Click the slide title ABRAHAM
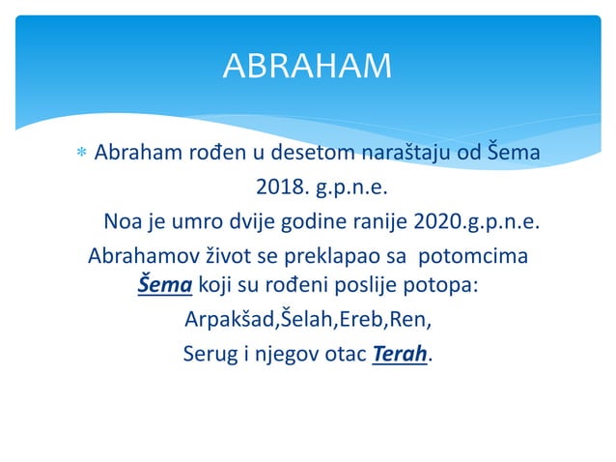tap(307, 66)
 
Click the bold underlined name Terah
tap(398, 353)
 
